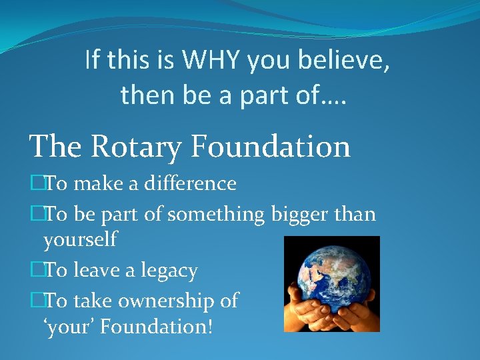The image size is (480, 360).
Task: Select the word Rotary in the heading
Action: click(x=142, y=146)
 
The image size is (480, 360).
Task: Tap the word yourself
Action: click(x=80, y=239)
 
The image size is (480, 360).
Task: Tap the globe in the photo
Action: click(x=332, y=273)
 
